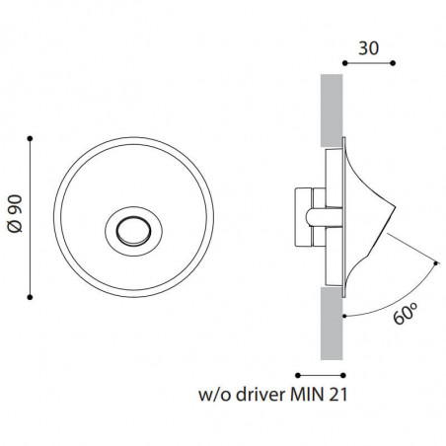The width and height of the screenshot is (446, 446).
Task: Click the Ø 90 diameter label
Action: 13,216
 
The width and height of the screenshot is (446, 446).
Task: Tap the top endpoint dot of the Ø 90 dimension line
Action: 32,137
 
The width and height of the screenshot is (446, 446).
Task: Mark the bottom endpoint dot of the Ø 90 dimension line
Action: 32,294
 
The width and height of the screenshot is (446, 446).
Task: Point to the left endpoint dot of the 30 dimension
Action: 342,63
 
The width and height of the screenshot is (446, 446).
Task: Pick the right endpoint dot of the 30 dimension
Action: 393,63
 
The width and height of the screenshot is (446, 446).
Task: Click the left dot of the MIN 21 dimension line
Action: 296,375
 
